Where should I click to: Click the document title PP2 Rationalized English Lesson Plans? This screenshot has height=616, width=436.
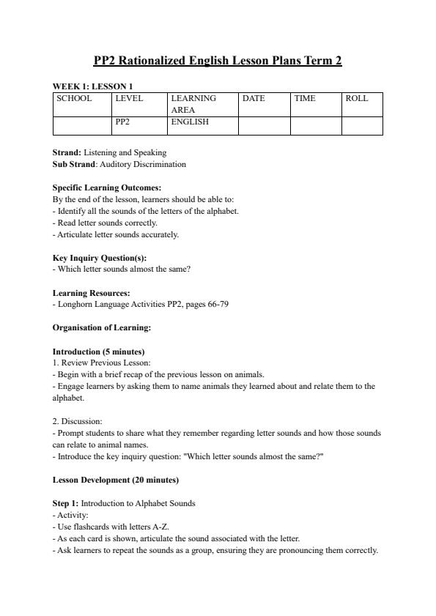[218, 61]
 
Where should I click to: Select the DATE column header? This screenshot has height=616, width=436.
[254, 98]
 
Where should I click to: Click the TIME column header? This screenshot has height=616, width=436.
[305, 98]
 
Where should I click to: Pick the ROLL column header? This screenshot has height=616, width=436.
[356, 98]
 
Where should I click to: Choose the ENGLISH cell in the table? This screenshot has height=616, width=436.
[190, 122]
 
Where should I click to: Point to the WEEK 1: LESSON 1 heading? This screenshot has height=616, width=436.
[92, 86]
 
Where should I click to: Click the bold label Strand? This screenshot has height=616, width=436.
[67, 152]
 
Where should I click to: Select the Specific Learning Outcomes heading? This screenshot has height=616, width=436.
[107, 188]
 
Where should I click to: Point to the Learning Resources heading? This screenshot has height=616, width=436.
[92, 293]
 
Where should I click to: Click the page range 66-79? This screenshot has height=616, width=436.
[217, 304]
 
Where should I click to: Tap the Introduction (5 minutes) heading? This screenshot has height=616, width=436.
[99, 352]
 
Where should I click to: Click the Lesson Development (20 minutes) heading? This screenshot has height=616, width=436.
[116, 480]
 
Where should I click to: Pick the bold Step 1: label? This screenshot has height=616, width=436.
[66, 503]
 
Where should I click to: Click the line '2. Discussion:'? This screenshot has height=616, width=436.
[78, 421]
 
